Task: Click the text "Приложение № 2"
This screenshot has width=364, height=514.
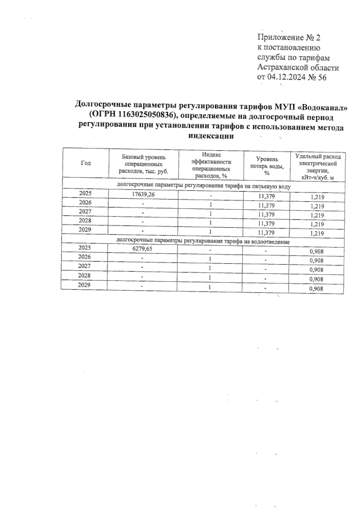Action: coord(289,38)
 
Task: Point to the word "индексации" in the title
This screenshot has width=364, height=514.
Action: coord(211,136)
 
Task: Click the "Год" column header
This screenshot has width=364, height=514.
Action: coord(86,163)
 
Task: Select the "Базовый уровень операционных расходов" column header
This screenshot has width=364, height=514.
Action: coord(144,164)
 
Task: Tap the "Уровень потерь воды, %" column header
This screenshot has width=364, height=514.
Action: coord(267,166)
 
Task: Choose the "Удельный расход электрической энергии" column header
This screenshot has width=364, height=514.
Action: coord(318,167)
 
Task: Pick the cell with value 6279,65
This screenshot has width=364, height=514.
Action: coord(142,249)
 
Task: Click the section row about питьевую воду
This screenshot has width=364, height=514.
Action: coord(204,186)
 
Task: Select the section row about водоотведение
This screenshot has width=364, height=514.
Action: coord(203,242)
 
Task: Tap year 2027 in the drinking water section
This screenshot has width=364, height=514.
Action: coord(85,212)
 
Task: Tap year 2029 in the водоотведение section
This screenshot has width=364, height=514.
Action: coord(84,285)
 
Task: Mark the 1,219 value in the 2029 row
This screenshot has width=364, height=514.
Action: coord(318,233)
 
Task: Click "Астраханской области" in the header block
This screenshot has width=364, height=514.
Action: coord(298,68)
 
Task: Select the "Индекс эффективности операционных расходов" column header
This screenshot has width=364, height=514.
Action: coord(211,165)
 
